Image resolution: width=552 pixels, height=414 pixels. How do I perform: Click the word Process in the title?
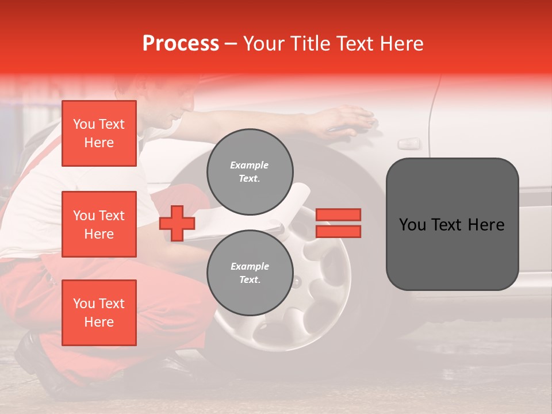coord(181,44)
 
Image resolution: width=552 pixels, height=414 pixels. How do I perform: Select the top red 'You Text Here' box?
coord(99,133)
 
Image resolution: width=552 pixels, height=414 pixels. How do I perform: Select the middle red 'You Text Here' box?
coord(99,224)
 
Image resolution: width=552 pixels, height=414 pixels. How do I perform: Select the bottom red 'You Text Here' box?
coord(99,312)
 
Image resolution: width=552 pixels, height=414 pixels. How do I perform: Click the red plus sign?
coord(177,224)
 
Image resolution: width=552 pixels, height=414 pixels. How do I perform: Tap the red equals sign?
coord(338,224)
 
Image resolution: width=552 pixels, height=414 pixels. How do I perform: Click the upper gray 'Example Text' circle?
coord(250,172)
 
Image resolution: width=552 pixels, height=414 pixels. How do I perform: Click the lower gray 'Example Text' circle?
coord(250,273)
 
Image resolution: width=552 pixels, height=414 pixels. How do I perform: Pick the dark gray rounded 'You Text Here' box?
coord(452,224)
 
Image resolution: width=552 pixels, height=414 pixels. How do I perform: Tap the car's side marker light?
coord(409,143)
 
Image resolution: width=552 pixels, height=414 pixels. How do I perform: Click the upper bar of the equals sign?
coord(338,215)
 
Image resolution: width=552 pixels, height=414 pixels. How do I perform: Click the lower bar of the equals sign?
coord(338,232)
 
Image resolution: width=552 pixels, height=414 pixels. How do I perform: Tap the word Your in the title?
coord(263,44)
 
